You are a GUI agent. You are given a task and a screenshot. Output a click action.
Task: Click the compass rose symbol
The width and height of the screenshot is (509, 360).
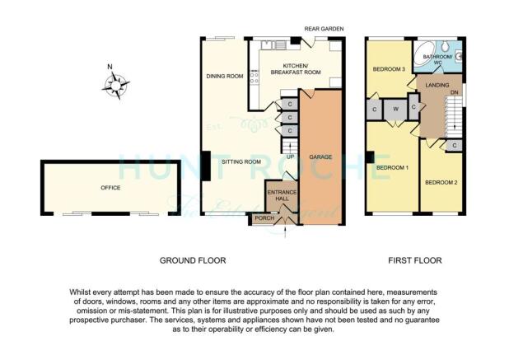116,86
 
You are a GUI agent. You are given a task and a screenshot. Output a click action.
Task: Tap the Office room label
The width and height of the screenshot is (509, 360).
110,188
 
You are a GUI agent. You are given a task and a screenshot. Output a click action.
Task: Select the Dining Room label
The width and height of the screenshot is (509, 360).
225,77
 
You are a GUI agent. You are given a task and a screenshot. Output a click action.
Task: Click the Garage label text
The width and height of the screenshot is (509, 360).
320,157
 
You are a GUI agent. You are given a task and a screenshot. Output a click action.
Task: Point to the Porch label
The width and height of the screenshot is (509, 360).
264,218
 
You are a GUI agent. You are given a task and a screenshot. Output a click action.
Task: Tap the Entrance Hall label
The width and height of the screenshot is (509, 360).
283,195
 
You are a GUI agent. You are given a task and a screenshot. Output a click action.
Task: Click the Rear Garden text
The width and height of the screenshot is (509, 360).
324,29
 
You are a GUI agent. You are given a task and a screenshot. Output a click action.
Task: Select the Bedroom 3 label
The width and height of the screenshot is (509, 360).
389,69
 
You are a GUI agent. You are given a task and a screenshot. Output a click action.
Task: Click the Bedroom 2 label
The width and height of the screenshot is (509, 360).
441,182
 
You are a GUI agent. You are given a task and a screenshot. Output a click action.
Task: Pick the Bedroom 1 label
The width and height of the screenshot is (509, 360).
392,167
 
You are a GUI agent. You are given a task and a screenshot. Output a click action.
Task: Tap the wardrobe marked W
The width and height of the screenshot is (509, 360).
395,110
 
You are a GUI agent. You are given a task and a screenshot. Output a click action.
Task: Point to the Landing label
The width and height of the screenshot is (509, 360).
437,85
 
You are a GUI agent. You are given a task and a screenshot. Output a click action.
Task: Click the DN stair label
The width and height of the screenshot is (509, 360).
455,92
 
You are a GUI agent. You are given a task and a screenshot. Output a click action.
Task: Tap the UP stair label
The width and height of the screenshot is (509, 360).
290,157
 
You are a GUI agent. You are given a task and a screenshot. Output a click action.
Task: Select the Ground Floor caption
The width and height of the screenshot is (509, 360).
193,260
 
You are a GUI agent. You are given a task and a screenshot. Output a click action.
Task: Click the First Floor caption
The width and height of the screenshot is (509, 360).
415,260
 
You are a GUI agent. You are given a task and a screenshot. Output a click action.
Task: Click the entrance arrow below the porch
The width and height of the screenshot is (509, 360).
285,233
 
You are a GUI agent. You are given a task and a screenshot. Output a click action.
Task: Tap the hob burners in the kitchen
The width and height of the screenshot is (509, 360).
254,78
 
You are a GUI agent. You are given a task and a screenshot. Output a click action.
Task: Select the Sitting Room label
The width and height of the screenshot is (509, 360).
241,161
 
